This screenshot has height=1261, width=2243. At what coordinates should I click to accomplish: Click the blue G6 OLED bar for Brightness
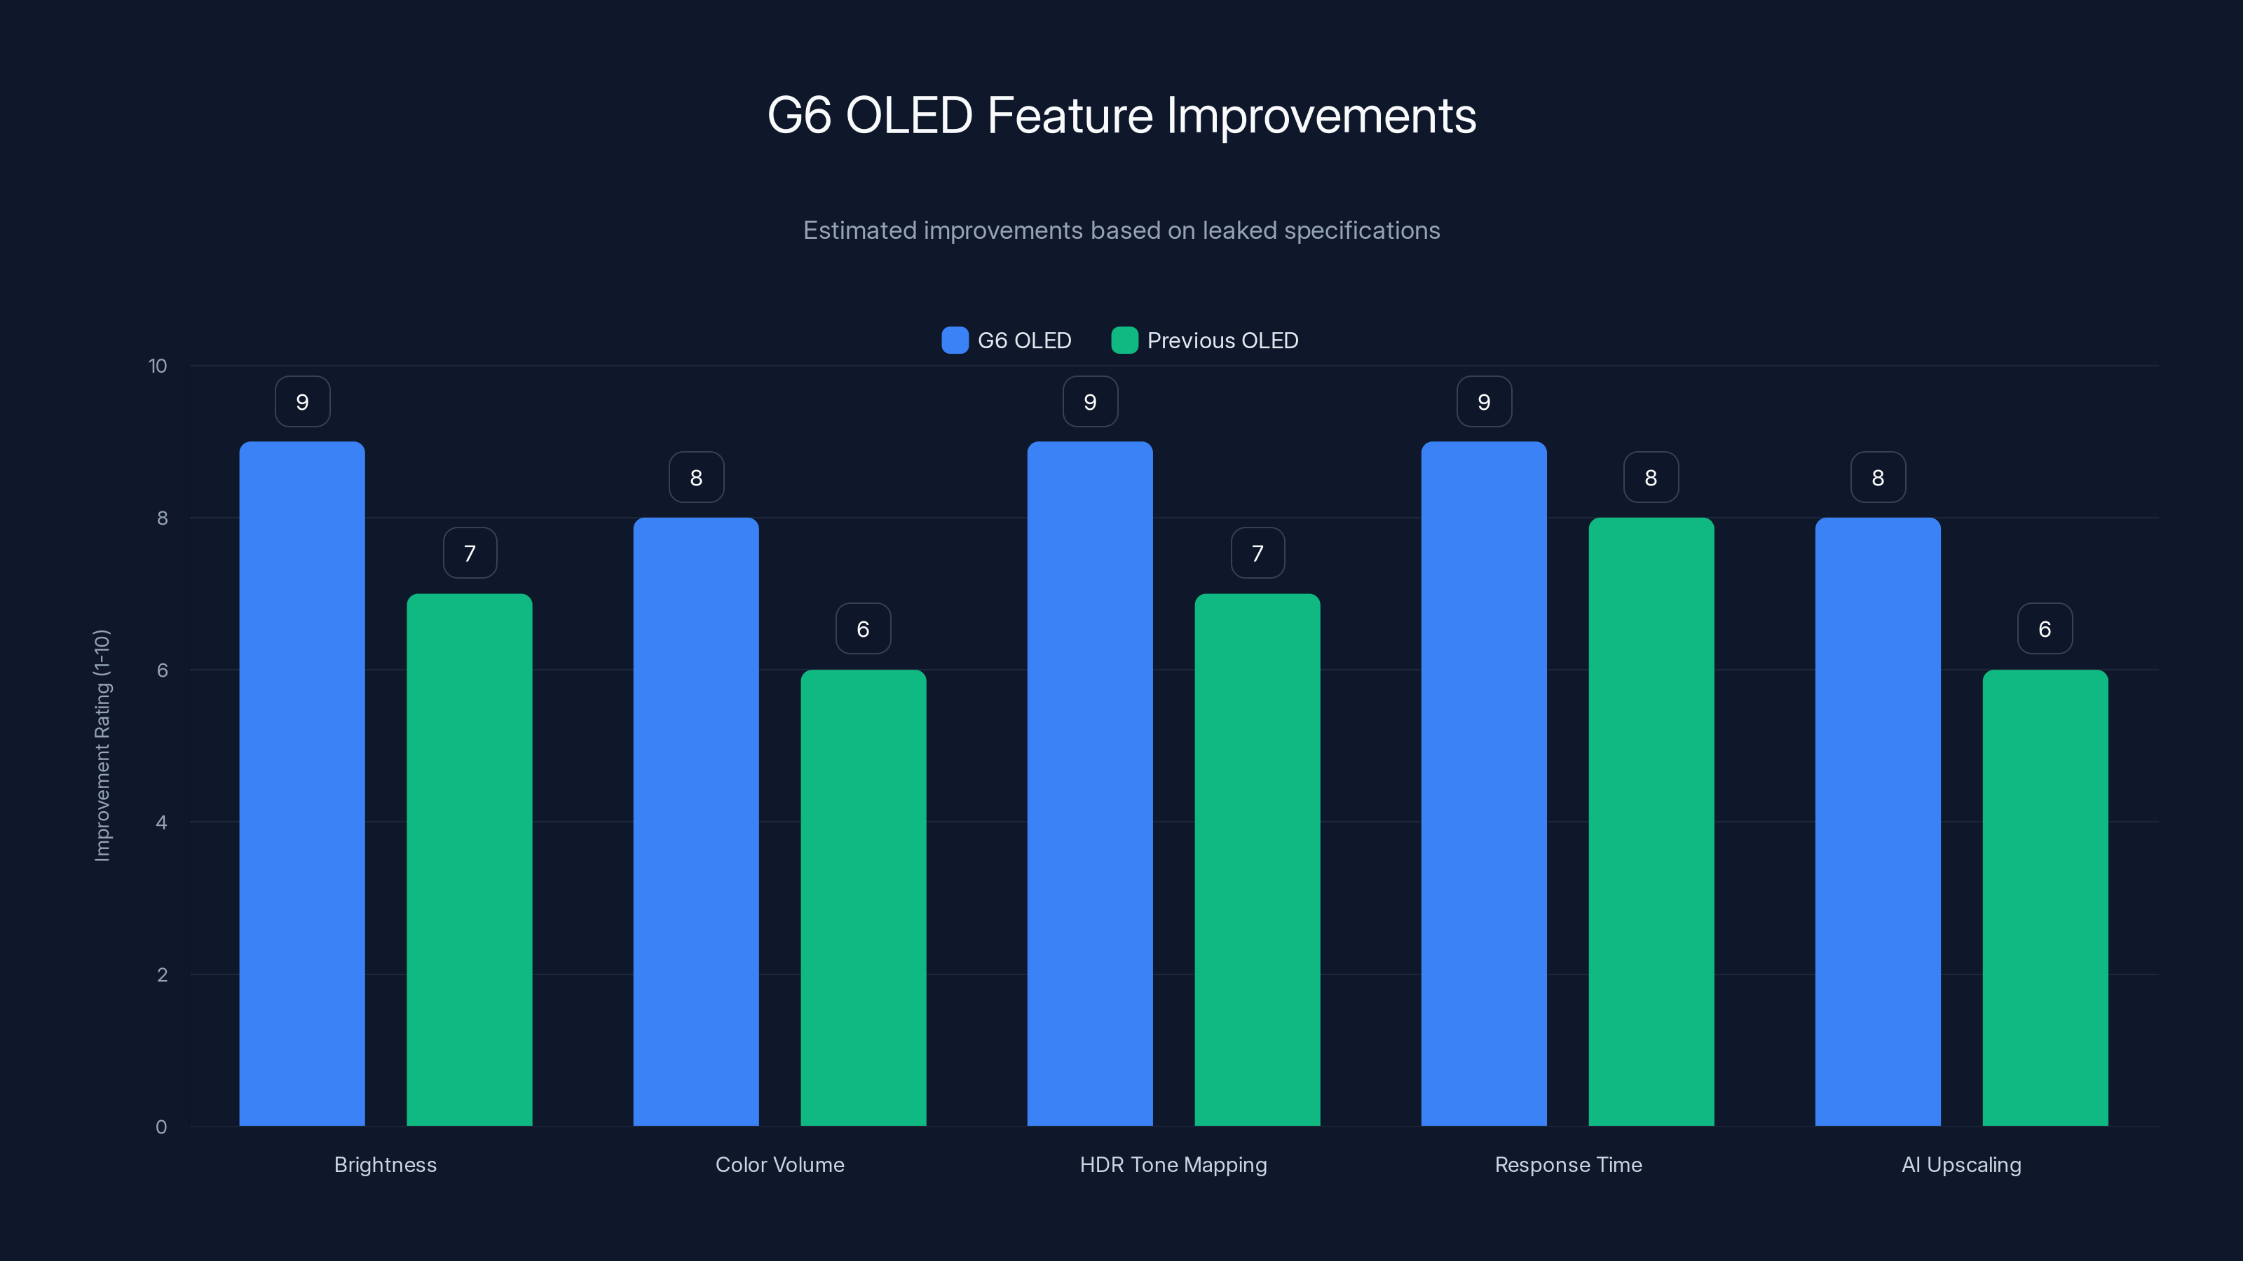302,783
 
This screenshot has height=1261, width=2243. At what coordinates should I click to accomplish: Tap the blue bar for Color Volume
696,822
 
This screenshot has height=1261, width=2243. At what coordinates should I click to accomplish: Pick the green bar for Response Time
1651,822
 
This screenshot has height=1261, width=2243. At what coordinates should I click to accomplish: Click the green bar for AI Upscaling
2045,897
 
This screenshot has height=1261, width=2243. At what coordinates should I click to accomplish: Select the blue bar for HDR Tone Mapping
1089,783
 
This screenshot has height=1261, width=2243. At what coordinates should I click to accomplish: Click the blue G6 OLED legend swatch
954,340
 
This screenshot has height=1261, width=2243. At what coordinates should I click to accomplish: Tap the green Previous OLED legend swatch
1124,340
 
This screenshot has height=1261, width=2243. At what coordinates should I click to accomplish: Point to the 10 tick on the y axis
158,366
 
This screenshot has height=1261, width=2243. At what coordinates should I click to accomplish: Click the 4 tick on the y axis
161,822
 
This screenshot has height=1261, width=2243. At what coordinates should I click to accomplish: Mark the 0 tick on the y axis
161,1127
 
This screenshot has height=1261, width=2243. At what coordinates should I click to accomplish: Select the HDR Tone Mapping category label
1173,1164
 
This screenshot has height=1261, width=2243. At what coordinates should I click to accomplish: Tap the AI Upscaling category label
1961,1164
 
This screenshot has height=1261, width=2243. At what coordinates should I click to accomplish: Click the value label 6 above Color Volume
863,628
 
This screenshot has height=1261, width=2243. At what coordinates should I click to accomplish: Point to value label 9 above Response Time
1484,402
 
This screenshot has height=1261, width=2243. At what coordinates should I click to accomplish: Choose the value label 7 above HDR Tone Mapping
1257,553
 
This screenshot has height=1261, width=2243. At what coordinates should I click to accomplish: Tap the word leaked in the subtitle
1239,230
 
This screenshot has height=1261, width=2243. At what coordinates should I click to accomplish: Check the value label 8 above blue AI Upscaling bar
1877,478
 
